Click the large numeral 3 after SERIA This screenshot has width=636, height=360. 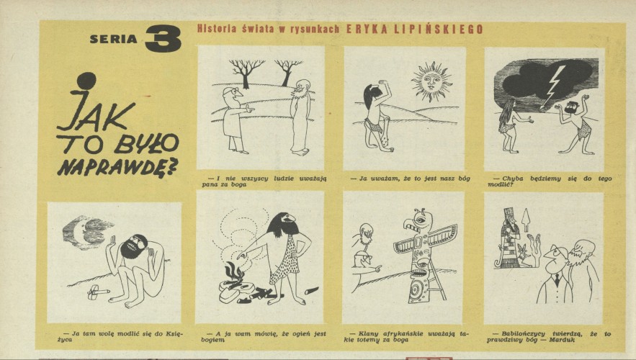point(163,38)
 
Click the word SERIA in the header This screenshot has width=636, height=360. point(114,40)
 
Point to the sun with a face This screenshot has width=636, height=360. point(432,82)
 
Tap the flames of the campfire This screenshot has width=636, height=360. point(234,274)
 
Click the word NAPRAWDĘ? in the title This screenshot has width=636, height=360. point(118,166)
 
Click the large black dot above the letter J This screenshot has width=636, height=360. point(87,81)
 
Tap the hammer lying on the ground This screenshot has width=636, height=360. point(98,291)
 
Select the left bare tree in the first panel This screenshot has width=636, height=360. point(246,73)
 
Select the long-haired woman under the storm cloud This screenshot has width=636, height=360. point(509,126)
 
